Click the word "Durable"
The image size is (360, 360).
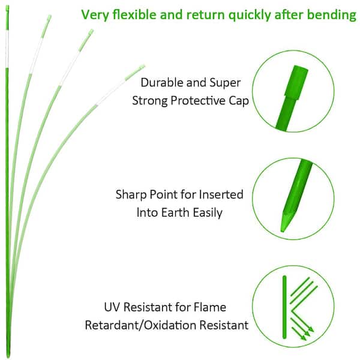(162, 82)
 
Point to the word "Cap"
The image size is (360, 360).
(239, 101)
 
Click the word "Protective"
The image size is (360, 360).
(198, 101)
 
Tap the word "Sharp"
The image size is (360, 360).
(131, 195)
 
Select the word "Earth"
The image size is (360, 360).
(176, 212)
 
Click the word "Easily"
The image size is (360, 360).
(208, 213)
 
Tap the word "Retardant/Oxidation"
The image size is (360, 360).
(140, 325)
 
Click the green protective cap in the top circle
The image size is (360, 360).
(296, 83)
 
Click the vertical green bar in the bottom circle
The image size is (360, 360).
(284, 307)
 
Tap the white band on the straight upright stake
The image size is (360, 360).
(7, 49)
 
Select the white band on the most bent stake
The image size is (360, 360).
(111, 92)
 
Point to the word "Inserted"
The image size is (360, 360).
(221, 194)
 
